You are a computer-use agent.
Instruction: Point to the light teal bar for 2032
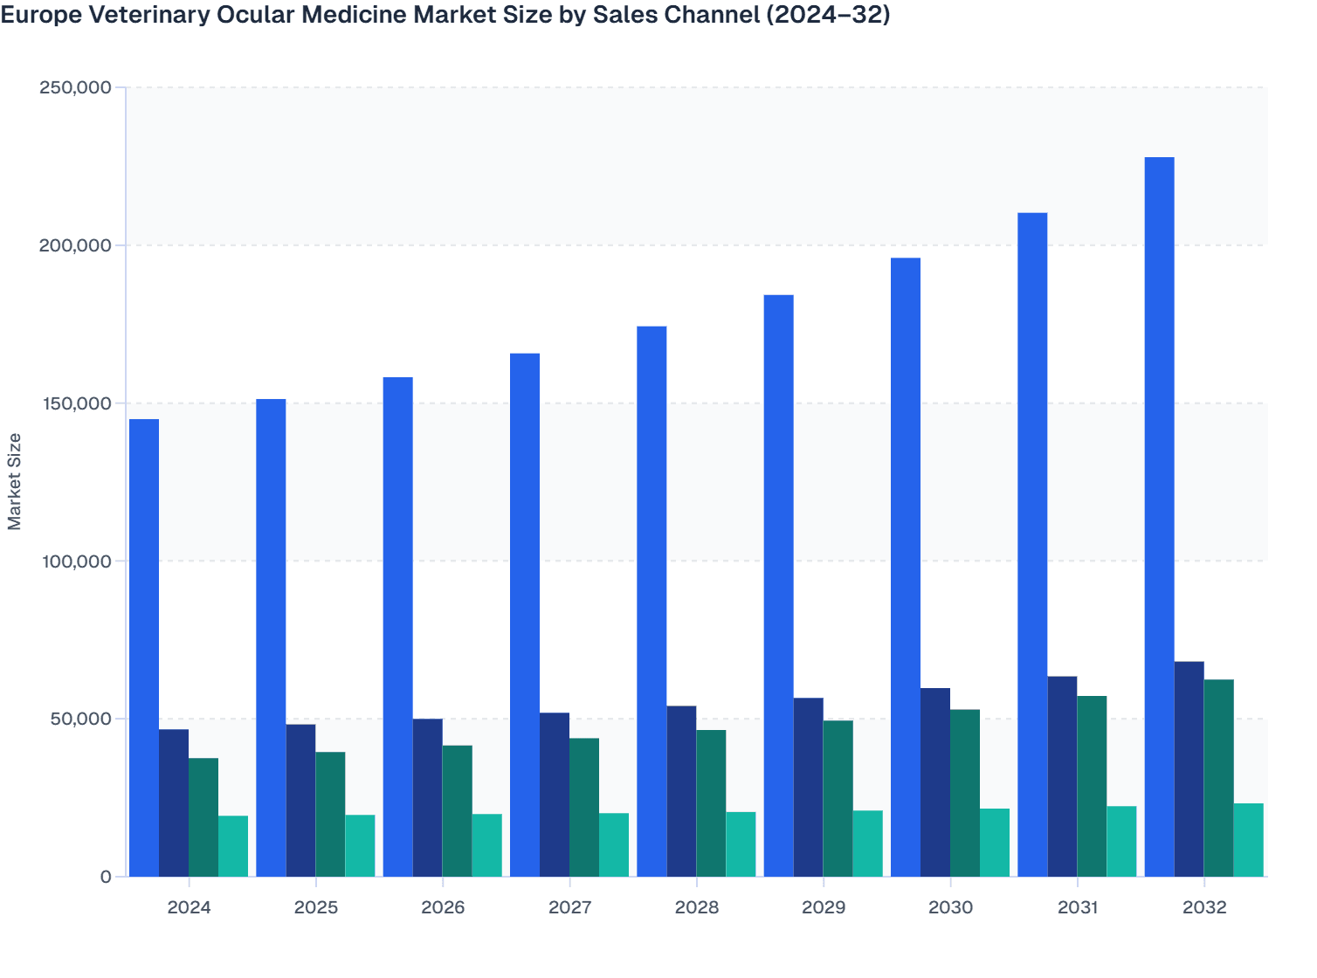pyautogui.click(x=1248, y=840)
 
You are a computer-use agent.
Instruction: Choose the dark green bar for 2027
pyautogui.click(x=584, y=808)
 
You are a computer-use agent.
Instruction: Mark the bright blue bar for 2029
pyautogui.click(x=779, y=586)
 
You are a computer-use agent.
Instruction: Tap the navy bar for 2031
pyautogui.click(x=1062, y=776)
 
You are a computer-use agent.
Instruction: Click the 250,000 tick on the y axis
pyautogui.click(x=75, y=87)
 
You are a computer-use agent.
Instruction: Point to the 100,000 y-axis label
pyautogui.click(x=75, y=561)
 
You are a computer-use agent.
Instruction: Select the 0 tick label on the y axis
pyautogui.click(x=106, y=877)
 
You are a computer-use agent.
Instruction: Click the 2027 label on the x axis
pyautogui.click(x=569, y=907)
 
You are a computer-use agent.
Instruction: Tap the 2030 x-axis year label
pyautogui.click(x=950, y=907)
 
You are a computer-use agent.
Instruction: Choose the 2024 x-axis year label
pyautogui.click(x=189, y=907)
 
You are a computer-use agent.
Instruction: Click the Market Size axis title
pyautogui.click(x=14, y=481)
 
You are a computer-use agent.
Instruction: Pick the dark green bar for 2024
pyautogui.click(x=203, y=817)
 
